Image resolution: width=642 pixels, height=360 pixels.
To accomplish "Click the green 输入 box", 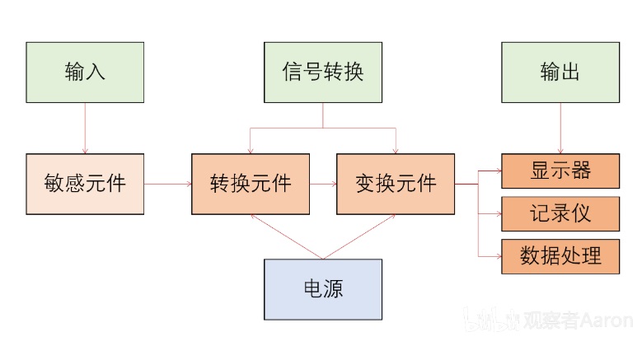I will click(x=85, y=72).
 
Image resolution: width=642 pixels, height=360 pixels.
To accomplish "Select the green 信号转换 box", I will click(x=322, y=72).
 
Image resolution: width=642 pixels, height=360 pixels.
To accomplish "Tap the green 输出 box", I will click(x=560, y=72).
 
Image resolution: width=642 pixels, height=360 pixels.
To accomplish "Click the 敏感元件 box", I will click(x=85, y=183).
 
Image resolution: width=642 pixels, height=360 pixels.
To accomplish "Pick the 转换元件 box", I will click(x=251, y=183).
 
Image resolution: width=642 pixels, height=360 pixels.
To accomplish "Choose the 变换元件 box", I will click(x=396, y=183).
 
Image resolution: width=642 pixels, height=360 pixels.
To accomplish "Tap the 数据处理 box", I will click(x=560, y=256).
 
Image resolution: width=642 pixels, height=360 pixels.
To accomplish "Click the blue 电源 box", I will click(x=322, y=289).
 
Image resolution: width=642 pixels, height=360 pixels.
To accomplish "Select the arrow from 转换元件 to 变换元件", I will click(x=323, y=183).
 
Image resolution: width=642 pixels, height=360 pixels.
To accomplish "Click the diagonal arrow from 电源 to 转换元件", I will click(x=285, y=236).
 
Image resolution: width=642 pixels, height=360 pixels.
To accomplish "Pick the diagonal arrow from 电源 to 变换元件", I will click(x=359, y=236).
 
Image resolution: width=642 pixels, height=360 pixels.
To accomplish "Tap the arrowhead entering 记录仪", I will click(x=497, y=213).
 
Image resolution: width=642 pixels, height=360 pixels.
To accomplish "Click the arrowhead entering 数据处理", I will click(x=497, y=256).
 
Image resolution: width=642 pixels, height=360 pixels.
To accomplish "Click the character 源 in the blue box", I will click(x=333, y=289).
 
